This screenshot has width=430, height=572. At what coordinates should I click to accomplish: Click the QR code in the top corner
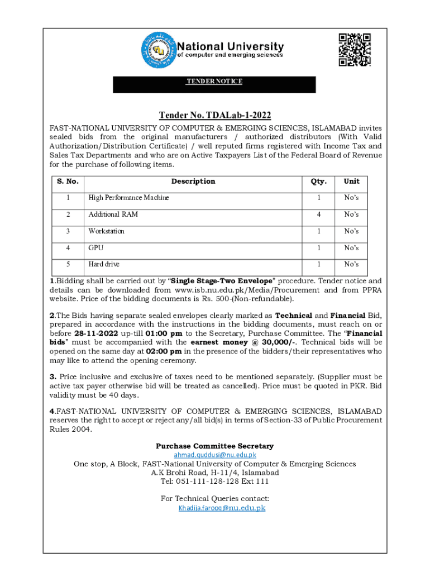click(x=355, y=50)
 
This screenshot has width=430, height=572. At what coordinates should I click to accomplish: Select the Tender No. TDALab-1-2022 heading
click(x=215, y=116)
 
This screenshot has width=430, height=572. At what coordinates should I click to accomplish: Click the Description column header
click(x=193, y=182)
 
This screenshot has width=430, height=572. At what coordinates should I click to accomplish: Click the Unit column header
click(x=351, y=182)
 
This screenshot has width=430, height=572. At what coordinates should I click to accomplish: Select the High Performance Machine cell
click(x=128, y=198)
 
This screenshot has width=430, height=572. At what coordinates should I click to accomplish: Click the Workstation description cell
click(x=107, y=231)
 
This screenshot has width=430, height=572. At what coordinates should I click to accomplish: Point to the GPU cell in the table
click(x=96, y=247)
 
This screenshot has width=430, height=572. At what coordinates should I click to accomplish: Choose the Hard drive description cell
click(x=104, y=264)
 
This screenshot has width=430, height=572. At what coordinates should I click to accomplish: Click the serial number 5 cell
click(x=67, y=264)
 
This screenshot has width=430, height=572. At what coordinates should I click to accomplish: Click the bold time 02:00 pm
click(x=164, y=351)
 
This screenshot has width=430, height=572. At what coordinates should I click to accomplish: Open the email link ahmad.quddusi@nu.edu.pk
click(x=215, y=455)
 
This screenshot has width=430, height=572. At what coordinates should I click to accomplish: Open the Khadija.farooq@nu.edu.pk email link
click(x=222, y=508)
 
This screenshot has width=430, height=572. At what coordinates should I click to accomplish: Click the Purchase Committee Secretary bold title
click(x=214, y=446)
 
